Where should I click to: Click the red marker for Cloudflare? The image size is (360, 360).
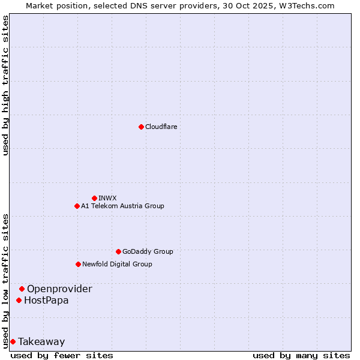(141, 127)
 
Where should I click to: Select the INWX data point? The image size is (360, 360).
(94, 198)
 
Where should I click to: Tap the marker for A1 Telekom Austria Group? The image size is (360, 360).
(77, 206)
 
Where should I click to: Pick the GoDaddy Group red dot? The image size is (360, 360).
(118, 251)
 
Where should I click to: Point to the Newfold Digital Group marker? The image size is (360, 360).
(78, 264)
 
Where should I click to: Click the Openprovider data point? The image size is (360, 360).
(22, 289)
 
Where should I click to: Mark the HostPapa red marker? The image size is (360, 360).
(19, 300)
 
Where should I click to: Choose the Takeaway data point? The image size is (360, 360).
(13, 341)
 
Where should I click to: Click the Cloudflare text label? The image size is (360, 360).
(161, 127)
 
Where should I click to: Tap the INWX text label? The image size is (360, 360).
(107, 198)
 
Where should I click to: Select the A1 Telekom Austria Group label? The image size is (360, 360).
(122, 206)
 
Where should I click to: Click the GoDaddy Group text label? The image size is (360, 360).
(148, 251)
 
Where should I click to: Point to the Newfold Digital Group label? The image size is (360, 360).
(117, 264)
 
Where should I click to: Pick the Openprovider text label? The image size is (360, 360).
(59, 289)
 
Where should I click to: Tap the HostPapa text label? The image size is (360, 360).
(46, 300)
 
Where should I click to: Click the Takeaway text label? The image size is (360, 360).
(41, 341)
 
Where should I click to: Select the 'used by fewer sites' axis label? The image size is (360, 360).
(62, 355)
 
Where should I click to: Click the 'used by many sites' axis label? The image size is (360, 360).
(301, 355)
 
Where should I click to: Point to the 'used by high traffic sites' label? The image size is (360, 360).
(5, 85)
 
